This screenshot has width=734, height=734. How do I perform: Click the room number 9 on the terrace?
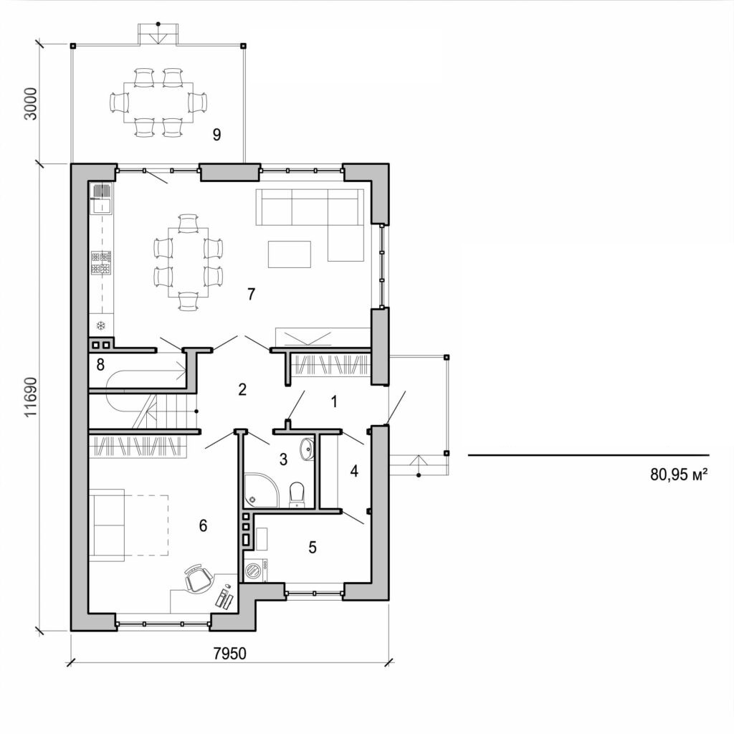click(x=216, y=134)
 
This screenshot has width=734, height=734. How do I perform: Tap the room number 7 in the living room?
click(x=251, y=294)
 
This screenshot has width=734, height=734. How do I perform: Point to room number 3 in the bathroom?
click(x=283, y=458)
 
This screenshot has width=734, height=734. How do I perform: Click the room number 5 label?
click(x=312, y=547)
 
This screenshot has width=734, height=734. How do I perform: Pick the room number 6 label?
click(x=203, y=525)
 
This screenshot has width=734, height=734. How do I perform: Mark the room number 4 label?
click(x=353, y=471)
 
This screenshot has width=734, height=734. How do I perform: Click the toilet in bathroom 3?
click(x=297, y=494)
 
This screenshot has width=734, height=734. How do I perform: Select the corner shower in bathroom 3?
click(x=256, y=490)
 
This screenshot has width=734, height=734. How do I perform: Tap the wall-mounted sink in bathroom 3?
click(x=307, y=449)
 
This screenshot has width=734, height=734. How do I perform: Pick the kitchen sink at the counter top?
click(x=101, y=197)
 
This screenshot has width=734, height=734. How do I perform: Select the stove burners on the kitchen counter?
click(x=101, y=262)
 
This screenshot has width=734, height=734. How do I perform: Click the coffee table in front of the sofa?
click(x=290, y=254)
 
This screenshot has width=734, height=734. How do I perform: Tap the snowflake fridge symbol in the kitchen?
click(x=101, y=325)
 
